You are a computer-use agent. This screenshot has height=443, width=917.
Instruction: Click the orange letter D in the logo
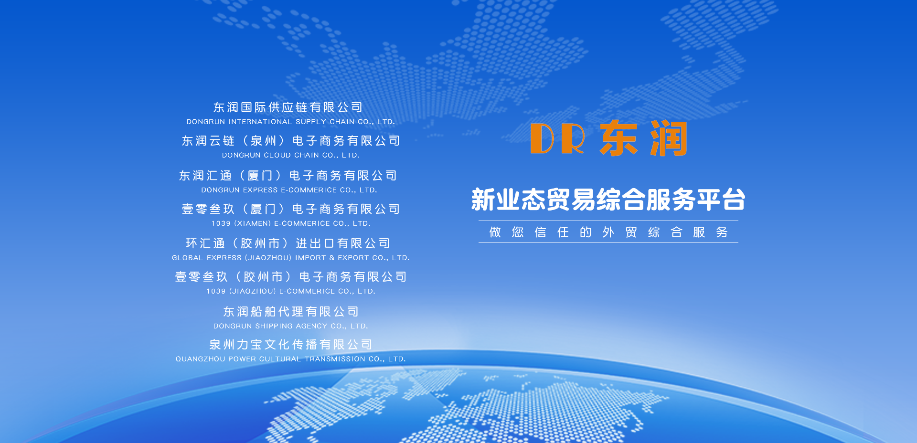click(542, 138)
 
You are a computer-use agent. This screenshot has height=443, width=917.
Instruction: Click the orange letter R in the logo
click(573, 138)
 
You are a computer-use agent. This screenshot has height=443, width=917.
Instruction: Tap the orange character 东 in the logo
click(619, 138)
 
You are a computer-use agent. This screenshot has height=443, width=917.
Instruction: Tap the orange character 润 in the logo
click(669, 138)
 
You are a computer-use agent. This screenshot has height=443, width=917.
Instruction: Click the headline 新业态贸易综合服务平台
click(608, 200)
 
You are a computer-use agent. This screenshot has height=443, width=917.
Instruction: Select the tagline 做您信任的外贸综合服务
click(608, 232)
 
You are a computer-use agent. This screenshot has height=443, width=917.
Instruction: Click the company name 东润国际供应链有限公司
click(288, 107)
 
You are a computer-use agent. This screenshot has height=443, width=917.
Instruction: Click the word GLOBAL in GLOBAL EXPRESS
click(187, 258)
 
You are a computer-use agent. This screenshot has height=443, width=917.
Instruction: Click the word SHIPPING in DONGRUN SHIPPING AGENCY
click(274, 326)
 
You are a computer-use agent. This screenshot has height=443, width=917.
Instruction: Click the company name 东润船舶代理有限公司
click(291, 312)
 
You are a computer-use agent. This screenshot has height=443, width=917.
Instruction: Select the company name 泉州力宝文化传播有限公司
click(291, 345)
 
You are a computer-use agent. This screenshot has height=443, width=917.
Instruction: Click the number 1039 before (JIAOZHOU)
click(216, 291)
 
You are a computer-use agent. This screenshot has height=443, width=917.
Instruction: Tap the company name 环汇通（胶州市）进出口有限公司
click(288, 243)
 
